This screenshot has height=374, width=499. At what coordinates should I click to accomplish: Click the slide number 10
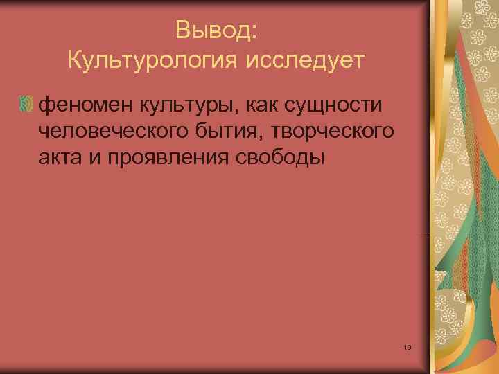[407, 346]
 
